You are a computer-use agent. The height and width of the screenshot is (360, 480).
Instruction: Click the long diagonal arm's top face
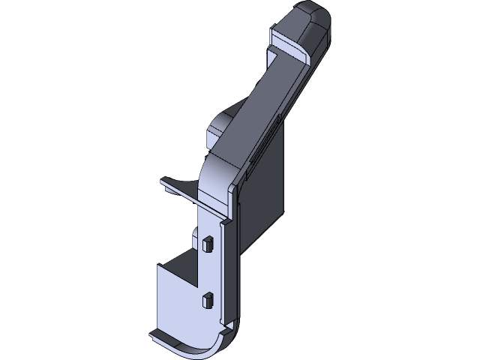click(x=262, y=105)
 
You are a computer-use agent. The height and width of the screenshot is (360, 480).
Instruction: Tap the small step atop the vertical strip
click(x=224, y=223)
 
